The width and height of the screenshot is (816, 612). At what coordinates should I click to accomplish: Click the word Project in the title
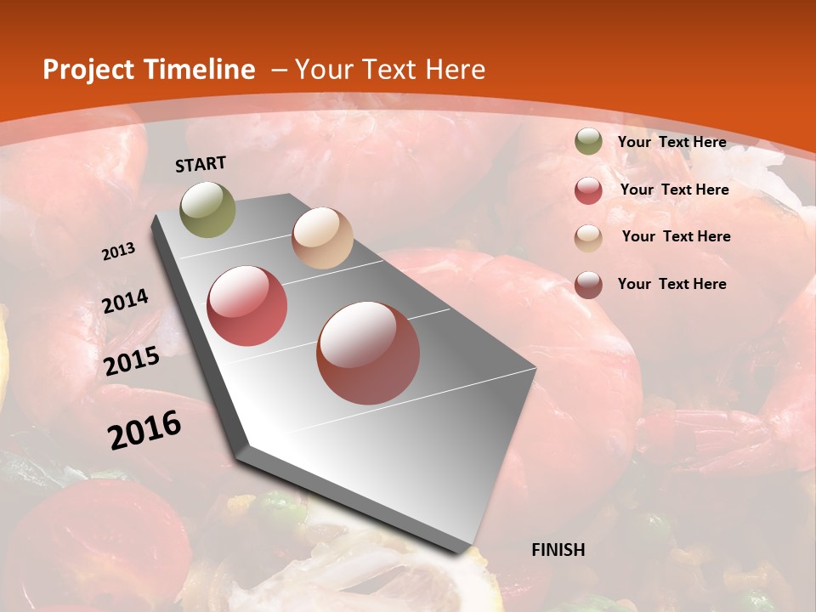(x=85, y=70)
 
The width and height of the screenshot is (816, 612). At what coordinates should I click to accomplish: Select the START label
(x=201, y=164)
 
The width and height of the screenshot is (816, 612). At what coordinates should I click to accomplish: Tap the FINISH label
(x=558, y=550)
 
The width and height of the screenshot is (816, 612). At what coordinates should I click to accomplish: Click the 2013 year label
(x=118, y=252)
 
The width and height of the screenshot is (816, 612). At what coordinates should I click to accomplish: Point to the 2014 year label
(x=126, y=301)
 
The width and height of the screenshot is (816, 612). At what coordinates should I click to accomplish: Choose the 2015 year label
(x=132, y=361)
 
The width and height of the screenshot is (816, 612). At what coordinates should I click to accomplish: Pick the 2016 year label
(x=144, y=430)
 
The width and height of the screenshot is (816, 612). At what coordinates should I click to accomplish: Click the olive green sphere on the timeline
(x=208, y=210)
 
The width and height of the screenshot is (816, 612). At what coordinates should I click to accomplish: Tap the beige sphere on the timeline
(x=322, y=238)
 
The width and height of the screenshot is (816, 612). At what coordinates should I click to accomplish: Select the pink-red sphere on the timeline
(x=247, y=306)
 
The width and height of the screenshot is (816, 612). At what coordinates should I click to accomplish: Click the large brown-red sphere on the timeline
(x=368, y=353)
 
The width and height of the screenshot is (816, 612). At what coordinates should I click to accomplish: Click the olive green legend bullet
(x=588, y=142)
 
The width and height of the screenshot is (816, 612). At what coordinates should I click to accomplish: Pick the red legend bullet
(x=588, y=190)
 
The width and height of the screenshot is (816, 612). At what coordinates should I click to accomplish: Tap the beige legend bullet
(x=588, y=238)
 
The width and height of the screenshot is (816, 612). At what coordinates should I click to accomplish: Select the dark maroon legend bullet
(x=588, y=285)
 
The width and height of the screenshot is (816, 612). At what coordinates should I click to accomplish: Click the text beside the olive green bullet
(x=671, y=142)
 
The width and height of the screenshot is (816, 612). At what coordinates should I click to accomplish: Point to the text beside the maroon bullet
(x=671, y=284)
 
